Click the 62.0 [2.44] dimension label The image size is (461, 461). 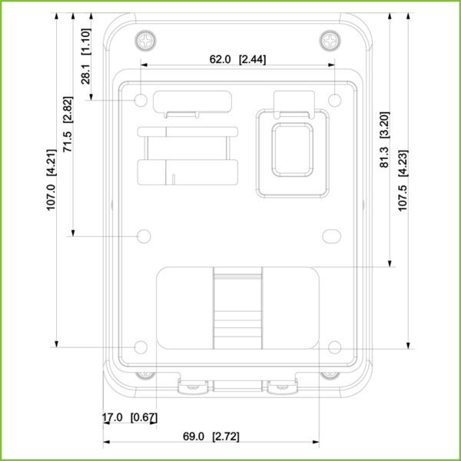(x=238, y=59)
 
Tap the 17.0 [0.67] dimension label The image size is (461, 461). (x=130, y=418)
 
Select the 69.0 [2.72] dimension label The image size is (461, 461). (x=211, y=436)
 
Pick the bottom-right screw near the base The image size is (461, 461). (x=331, y=374)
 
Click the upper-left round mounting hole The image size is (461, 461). (x=142, y=100)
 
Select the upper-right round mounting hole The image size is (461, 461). (x=335, y=99)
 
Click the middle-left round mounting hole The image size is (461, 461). (x=143, y=235)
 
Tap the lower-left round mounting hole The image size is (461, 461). (x=142, y=347)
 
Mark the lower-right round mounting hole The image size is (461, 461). (x=334, y=347)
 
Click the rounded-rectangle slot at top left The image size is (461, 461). (x=193, y=99)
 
